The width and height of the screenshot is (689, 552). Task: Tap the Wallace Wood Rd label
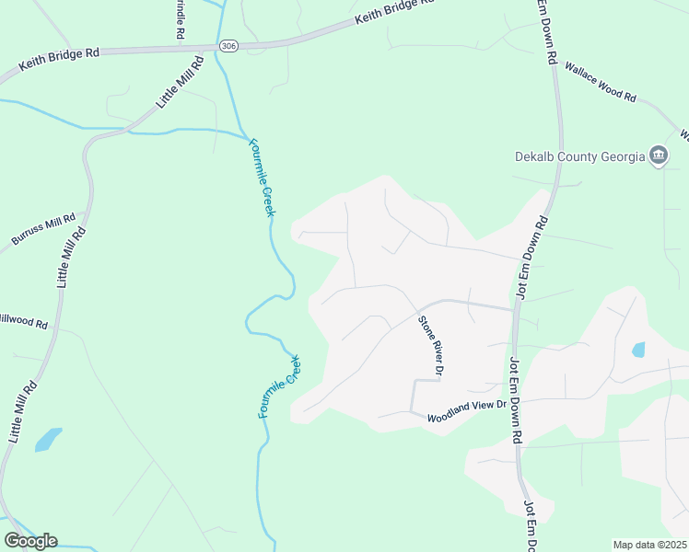pyautogui.click(x=601, y=82)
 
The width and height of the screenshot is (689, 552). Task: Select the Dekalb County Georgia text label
pyautogui.click(x=579, y=156)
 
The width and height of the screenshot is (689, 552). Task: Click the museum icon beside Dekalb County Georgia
pyautogui.click(x=659, y=155)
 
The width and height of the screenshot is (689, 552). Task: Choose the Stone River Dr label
pyautogui.click(x=431, y=346)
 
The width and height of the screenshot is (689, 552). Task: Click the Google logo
pyautogui.click(x=30, y=540)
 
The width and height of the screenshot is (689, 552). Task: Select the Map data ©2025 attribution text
pyautogui.click(x=650, y=545)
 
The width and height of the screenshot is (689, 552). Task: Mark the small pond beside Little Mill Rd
pyautogui.click(x=48, y=439)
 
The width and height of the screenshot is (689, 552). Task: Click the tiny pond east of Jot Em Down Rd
pyautogui.click(x=637, y=350)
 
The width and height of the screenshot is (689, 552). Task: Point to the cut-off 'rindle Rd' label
pyautogui.click(x=178, y=19)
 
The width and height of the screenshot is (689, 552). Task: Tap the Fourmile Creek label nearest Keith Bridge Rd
pyautogui.click(x=262, y=178)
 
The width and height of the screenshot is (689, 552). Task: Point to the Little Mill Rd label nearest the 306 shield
pyautogui.click(x=180, y=83)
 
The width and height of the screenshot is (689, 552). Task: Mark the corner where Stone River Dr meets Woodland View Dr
pyautogui.click(x=412, y=411)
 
